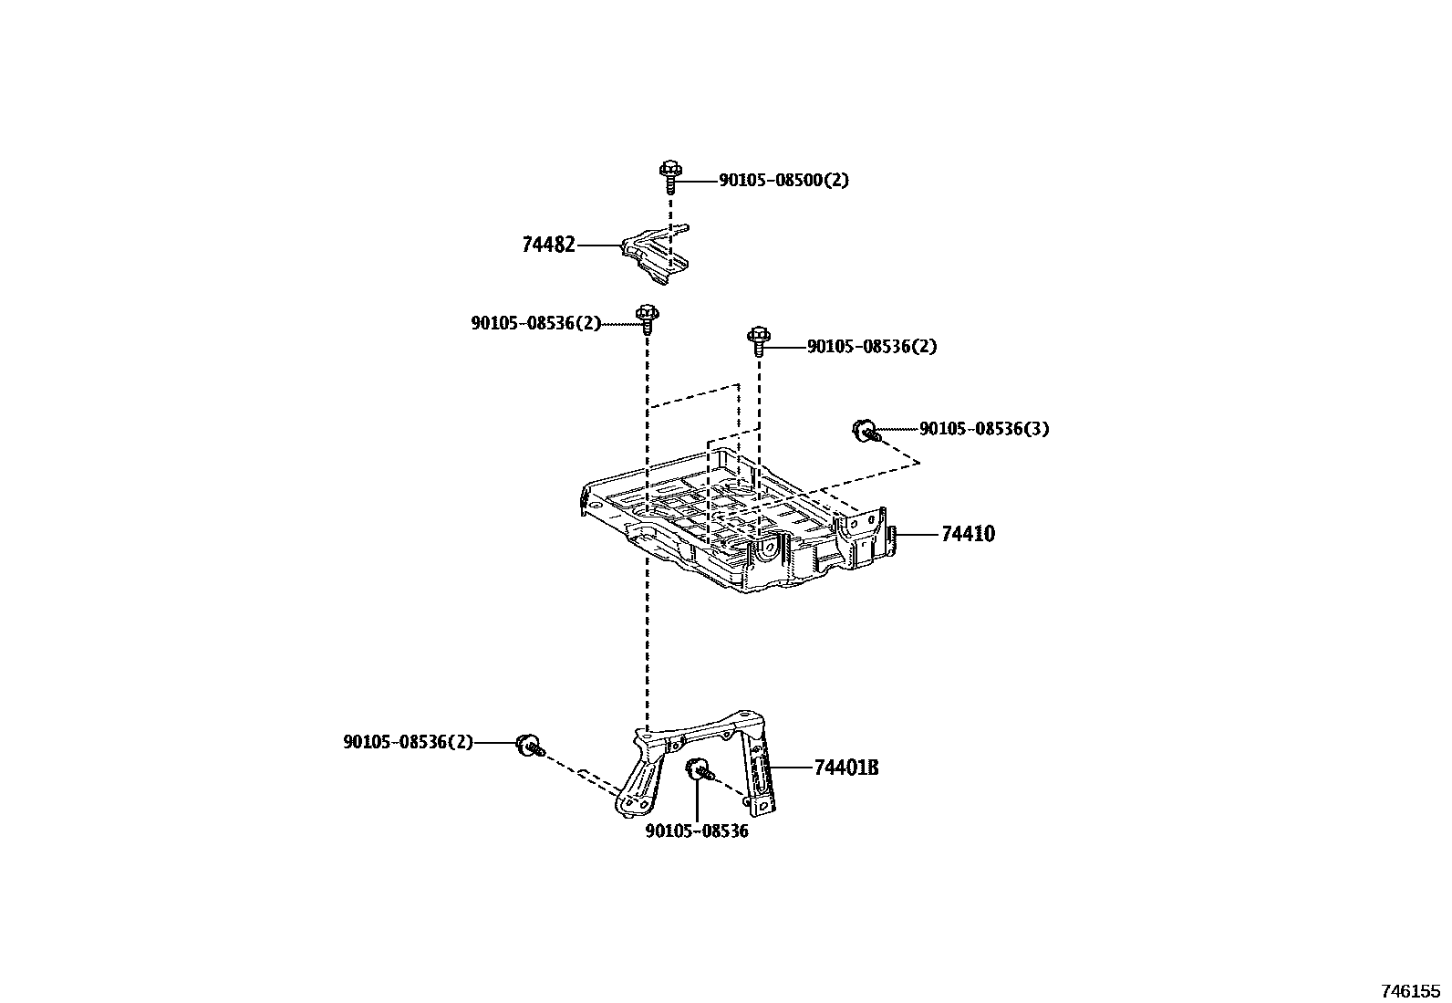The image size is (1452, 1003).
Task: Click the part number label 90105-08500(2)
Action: coord(783,181)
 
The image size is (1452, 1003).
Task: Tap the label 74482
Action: coord(548,245)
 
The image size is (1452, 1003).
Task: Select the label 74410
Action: coord(968,534)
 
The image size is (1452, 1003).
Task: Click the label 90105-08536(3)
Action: coord(984,429)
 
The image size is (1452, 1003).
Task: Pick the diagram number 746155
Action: coord(1409,990)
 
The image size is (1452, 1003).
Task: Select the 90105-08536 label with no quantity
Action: coord(697,831)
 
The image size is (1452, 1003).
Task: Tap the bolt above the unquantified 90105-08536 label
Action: coord(700,769)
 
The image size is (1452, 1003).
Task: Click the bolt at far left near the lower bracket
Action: coord(528,745)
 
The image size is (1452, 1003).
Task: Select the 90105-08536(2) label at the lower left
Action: coord(408,743)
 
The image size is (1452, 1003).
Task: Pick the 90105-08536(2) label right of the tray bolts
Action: coord(872,347)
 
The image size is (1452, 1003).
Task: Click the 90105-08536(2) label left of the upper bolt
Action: coord(536,323)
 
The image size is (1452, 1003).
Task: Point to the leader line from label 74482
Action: coord(598,245)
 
